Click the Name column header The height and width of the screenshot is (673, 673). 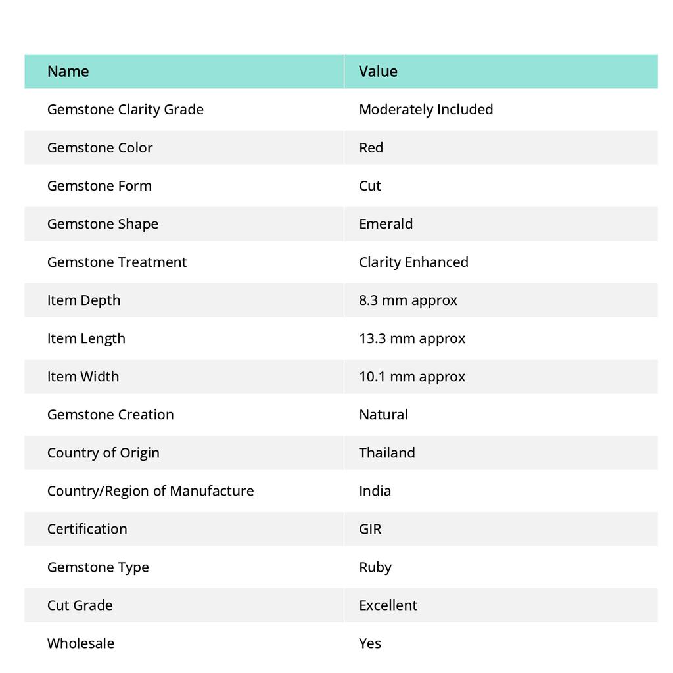(x=68, y=71)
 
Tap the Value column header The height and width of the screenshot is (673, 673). (x=378, y=71)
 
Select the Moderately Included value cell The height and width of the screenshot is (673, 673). (x=426, y=110)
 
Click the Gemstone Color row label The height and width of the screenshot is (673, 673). (x=100, y=148)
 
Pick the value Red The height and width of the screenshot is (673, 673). (x=371, y=148)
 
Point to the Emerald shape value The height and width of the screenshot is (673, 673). (x=386, y=224)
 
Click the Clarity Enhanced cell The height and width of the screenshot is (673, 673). (x=413, y=262)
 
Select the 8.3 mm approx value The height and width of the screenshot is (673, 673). (x=408, y=300)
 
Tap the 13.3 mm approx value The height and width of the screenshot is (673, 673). (x=412, y=338)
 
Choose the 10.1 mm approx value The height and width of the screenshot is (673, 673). (x=412, y=377)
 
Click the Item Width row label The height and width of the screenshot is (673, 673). (x=83, y=377)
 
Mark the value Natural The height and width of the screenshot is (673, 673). (x=383, y=415)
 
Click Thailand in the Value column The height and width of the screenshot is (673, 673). (x=387, y=453)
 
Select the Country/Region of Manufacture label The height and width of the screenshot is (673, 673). (x=151, y=491)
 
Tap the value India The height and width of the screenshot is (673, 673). (x=375, y=491)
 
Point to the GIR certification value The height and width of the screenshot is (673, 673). (x=370, y=529)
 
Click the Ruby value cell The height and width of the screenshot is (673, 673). (x=375, y=567)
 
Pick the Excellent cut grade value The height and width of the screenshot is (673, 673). (x=388, y=605)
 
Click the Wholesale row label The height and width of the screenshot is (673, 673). (x=81, y=643)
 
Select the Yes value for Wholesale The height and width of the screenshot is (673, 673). (x=370, y=643)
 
